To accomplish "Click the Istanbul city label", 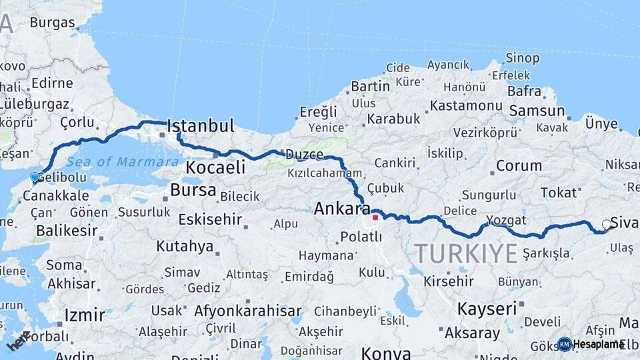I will [x=200, y=126].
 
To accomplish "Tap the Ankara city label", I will [x=342, y=209].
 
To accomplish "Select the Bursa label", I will [x=193, y=190].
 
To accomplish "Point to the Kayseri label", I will [x=487, y=309].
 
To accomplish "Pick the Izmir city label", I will [x=85, y=315].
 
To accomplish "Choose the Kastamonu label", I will [x=465, y=105].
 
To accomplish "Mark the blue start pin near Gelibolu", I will [x=35, y=178].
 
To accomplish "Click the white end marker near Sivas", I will [x=607, y=225].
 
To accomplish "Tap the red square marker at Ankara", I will [x=375, y=217].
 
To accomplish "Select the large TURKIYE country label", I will [x=466, y=253].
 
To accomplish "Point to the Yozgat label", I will [x=506, y=220].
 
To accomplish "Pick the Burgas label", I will [x=52, y=23].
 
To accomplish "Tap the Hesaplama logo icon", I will [x=565, y=344].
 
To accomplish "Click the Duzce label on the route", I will [x=304, y=155].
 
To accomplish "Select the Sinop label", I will [x=523, y=59].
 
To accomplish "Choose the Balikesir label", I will [x=67, y=231].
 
